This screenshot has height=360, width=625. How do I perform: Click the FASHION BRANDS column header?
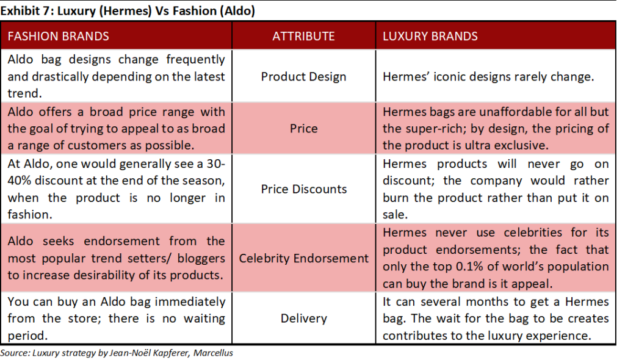[58, 36]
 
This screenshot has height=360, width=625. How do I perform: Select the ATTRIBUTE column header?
[303, 36]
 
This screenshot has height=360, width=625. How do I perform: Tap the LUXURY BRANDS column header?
[430, 36]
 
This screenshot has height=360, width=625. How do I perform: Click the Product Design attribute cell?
[303, 77]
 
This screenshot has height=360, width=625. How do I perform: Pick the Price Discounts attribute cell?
[303, 189]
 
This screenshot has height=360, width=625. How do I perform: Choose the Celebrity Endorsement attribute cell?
[303, 258]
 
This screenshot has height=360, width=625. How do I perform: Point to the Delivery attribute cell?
[303, 319]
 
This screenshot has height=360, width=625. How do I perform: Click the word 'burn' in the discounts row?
[397, 198]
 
